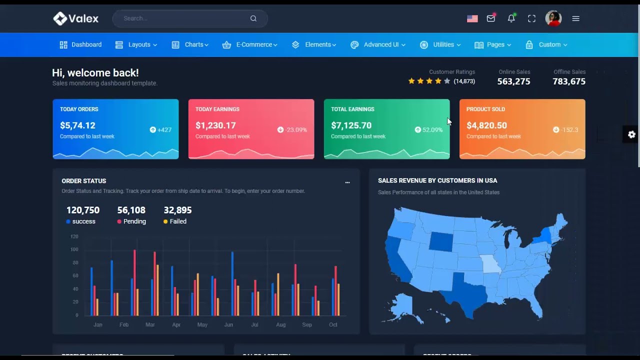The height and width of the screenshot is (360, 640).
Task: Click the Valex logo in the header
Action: click(76, 18)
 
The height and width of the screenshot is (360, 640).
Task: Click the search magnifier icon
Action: click(253, 18)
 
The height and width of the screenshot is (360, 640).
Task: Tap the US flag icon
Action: click(472, 18)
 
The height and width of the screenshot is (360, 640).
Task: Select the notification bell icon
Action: click(511, 18)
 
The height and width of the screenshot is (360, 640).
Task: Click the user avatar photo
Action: click(553, 18)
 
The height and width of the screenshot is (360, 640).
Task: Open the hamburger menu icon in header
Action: click(576, 18)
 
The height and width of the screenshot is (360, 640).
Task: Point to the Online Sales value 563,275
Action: click(513, 81)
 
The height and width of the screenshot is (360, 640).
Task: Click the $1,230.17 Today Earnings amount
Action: click(215, 125)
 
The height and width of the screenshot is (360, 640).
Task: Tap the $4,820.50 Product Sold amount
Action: click(486, 125)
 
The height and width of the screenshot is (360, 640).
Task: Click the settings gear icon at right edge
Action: click(631, 134)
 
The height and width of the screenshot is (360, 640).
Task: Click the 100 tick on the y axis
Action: click(74, 249)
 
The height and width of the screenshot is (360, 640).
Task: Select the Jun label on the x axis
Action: click(228, 324)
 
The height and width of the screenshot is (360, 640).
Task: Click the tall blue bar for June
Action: click(232, 283)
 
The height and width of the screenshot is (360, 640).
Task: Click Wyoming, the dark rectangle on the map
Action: click(440, 241)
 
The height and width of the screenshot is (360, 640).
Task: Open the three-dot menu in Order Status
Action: click(347, 182)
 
